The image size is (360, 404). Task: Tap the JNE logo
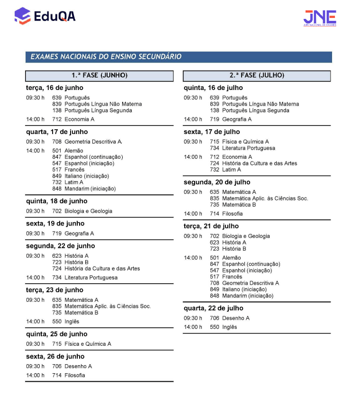pyautogui.click(x=320, y=18)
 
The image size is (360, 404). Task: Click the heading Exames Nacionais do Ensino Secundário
pyautogui.click(x=106, y=57)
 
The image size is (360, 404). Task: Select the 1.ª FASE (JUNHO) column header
pyautogui.click(x=99, y=75)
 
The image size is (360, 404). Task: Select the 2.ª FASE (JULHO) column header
pyautogui.click(x=257, y=75)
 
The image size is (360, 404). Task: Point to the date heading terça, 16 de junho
pyautogui.click(x=54, y=88)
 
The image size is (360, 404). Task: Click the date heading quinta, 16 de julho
pyautogui.click(x=213, y=88)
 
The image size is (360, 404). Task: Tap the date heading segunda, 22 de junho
pyautogui.click(x=60, y=246)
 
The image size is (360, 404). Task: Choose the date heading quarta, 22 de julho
pyautogui.click(x=214, y=308)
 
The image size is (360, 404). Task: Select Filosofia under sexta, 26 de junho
pyautogui.click(x=75, y=376)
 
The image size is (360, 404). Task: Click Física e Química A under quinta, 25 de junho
pyautogui.click(x=88, y=344)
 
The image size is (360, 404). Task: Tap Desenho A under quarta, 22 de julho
pyautogui.click(x=235, y=318)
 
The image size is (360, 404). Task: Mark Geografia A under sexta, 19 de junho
pyautogui.click(x=79, y=233)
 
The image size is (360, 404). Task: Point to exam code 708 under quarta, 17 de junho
pyautogui.click(x=57, y=142)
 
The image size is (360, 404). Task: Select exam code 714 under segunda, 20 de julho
pyautogui.click(x=215, y=214)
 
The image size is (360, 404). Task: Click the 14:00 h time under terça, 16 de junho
pyautogui.click(x=35, y=119)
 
